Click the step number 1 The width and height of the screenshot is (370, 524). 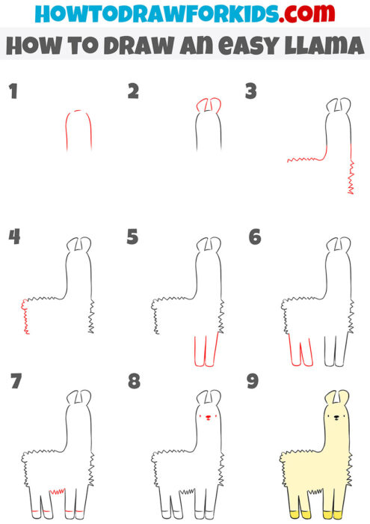coord(12,93)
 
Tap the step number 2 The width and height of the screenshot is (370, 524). coord(133,92)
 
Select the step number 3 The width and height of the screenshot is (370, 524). coord(251,92)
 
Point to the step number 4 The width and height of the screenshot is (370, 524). coord(14,237)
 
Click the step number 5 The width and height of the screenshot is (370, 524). coord(133,237)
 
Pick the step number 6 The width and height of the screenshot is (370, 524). coord(254,237)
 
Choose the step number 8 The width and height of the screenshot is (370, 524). coord(134,383)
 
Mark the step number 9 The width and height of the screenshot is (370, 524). coord(253,383)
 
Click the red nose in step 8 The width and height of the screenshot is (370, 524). coord(207,418)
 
